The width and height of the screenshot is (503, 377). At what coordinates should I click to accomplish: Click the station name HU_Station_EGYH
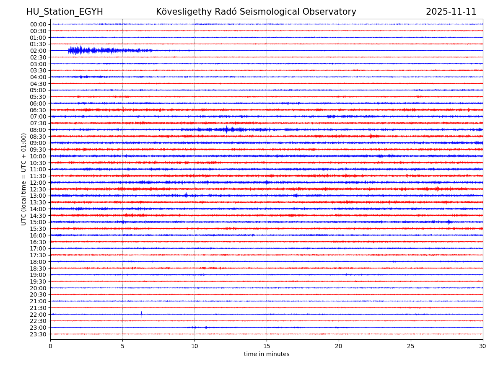(x=65, y=12)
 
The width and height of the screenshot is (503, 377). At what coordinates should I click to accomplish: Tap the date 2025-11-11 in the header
(x=451, y=12)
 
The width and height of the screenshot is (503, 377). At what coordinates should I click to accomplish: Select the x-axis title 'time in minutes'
(x=267, y=354)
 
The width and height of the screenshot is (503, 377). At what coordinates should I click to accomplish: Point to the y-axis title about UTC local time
(x=24, y=179)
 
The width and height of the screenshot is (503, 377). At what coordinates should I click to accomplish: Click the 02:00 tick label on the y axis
(x=38, y=51)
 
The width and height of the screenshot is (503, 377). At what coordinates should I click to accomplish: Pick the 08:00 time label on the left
(x=38, y=130)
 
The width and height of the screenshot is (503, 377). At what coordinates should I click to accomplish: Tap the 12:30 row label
(x=38, y=189)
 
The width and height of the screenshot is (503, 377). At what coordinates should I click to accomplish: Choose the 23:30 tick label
(x=38, y=334)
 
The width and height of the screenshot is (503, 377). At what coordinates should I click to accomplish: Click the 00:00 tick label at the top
(x=38, y=24)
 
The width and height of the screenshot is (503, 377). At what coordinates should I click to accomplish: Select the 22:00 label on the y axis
(x=38, y=315)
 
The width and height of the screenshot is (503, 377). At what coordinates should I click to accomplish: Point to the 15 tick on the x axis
(x=267, y=346)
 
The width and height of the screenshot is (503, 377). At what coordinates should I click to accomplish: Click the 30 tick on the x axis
(x=483, y=346)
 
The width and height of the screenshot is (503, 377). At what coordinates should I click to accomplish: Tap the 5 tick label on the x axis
(x=122, y=346)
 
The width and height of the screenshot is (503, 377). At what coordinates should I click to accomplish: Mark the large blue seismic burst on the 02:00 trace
(x=80, y=51)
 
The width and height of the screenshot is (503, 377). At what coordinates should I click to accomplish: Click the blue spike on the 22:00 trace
(x=141, y=314)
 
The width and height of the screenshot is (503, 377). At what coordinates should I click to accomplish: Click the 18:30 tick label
(x=38, y=269)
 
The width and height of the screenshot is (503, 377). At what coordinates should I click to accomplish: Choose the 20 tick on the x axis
(x=339, y=346)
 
